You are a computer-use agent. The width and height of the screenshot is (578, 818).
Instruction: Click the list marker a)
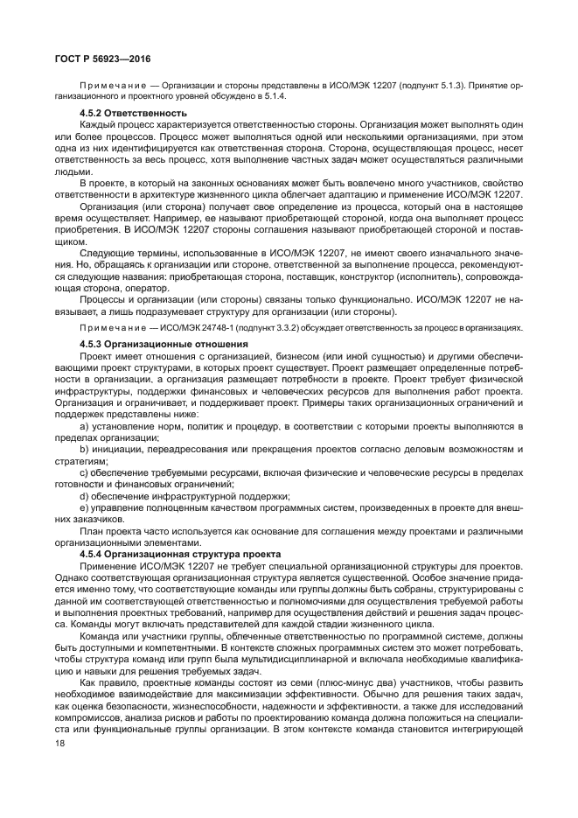(x=86, y=425)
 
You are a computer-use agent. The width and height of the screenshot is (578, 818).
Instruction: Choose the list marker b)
(x=86, y=449)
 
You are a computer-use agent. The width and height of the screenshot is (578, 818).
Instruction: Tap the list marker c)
(x=86, y=472)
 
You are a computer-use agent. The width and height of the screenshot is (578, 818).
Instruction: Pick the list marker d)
(x=86, y=495)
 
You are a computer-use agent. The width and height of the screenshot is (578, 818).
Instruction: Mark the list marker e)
(x=86, y=507)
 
